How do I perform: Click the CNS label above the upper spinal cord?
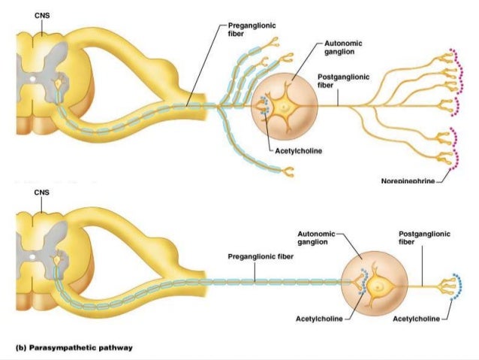tap(44, 14)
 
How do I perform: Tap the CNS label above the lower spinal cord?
tap(44, 192)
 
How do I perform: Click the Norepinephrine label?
tap(408, 181)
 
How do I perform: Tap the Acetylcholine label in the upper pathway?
tap(299, 150)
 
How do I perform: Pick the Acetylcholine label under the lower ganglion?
tap(320, 319)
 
